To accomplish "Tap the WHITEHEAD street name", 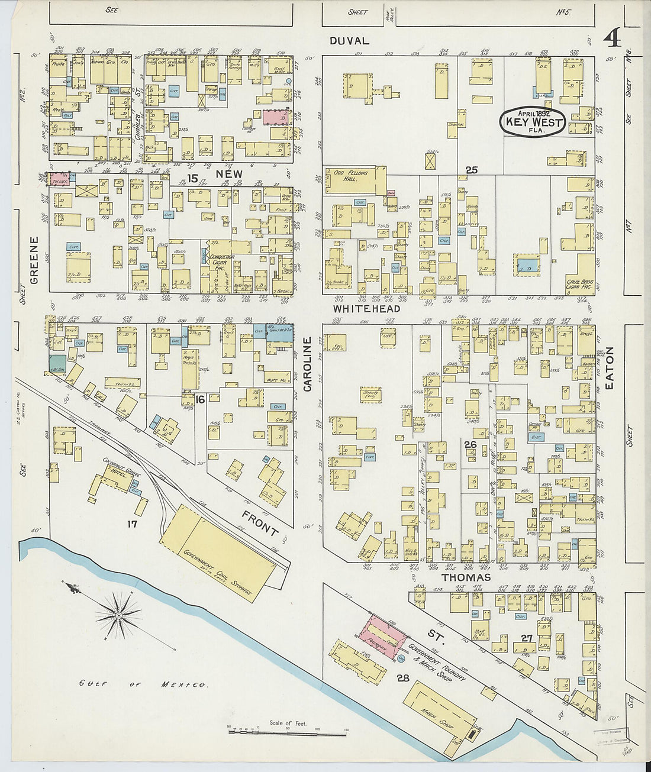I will pyautogui.click(x=366, y=308).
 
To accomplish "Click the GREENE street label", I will pyautogui.click(x=34, y=260).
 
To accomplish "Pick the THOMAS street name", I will pyautogui.click(x=466, y=577).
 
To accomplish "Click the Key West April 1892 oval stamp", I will pyautogui.click(x=534, y=122).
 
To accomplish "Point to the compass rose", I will pyautogui.click(x=119, y=615).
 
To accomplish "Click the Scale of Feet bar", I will pyautogui.click(x=288, y=733).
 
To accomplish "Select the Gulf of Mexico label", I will pyautogui.click(x=143, y=684).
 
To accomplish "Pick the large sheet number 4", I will pyautogui.click(x=612, y=38).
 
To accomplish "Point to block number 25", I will pyautogui.click(x=471, y=170).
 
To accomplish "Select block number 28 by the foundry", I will pyautogui.click(x=403, y=679).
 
